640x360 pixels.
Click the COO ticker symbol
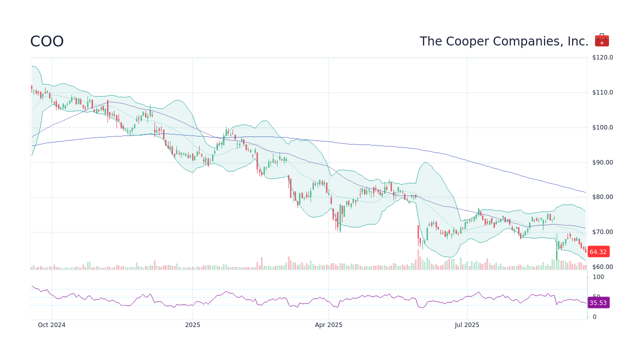pyautogui.click(x=47, y=41)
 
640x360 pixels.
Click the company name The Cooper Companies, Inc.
pyautogui.click(x=504, y=41)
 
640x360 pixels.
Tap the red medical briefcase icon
pyautogui.click(x=601, y=40)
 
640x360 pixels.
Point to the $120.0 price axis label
pyautogui.click(x=602, y=57)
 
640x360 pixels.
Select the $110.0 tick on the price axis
pyautogui.click(x=602, y=92)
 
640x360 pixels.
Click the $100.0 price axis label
pyautogui.click(x=602, y=127)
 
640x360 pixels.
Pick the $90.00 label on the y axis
pyautogui.click(x=602, y=162)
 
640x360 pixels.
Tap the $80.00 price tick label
pyautogui.click(x=602, y=197)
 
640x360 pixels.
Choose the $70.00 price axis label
pyautogui.click(x=602, y=232)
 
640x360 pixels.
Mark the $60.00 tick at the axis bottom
pyautogui.click(x=602, y=267)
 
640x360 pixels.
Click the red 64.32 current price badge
pyautogui.click(x=598, y=252)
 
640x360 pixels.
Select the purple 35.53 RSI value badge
pyautogui.click(x=598, y=303)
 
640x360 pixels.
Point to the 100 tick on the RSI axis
pyautogui.click(x=598, y=277)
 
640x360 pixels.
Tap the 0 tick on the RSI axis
pyautogui.click(x=594, y=317)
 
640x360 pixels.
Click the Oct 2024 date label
pyautogui.click(x=52, y=325)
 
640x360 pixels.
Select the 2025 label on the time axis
pyautogui.click(x=192, y=325)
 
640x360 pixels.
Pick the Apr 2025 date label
pyautogui.click(x=328, y=325)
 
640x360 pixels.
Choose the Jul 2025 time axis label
pyautogui.click(x=467, y=325)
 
